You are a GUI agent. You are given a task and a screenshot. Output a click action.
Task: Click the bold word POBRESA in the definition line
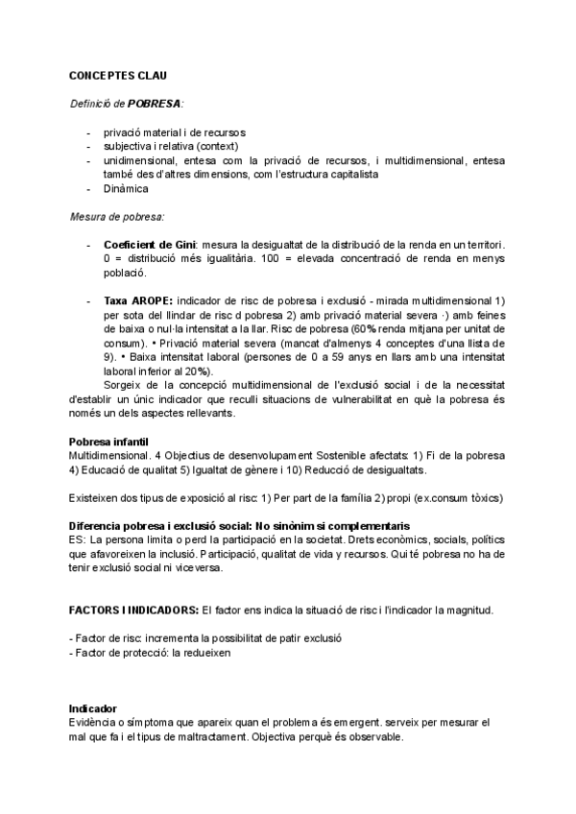[155, 103]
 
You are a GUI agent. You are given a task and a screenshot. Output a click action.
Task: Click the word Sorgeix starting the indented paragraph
[125, 385]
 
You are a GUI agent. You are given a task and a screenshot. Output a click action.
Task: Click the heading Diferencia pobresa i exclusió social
[240, 526]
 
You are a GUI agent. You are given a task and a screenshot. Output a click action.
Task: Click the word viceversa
[197, 567]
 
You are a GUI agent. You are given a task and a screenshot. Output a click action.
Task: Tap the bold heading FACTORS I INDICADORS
[133, 610]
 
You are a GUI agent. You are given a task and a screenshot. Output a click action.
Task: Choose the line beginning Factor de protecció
[151, 652]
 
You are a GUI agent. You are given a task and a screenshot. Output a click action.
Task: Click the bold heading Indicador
[93, 708]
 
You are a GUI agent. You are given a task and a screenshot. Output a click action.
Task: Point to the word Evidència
[94, 722]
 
